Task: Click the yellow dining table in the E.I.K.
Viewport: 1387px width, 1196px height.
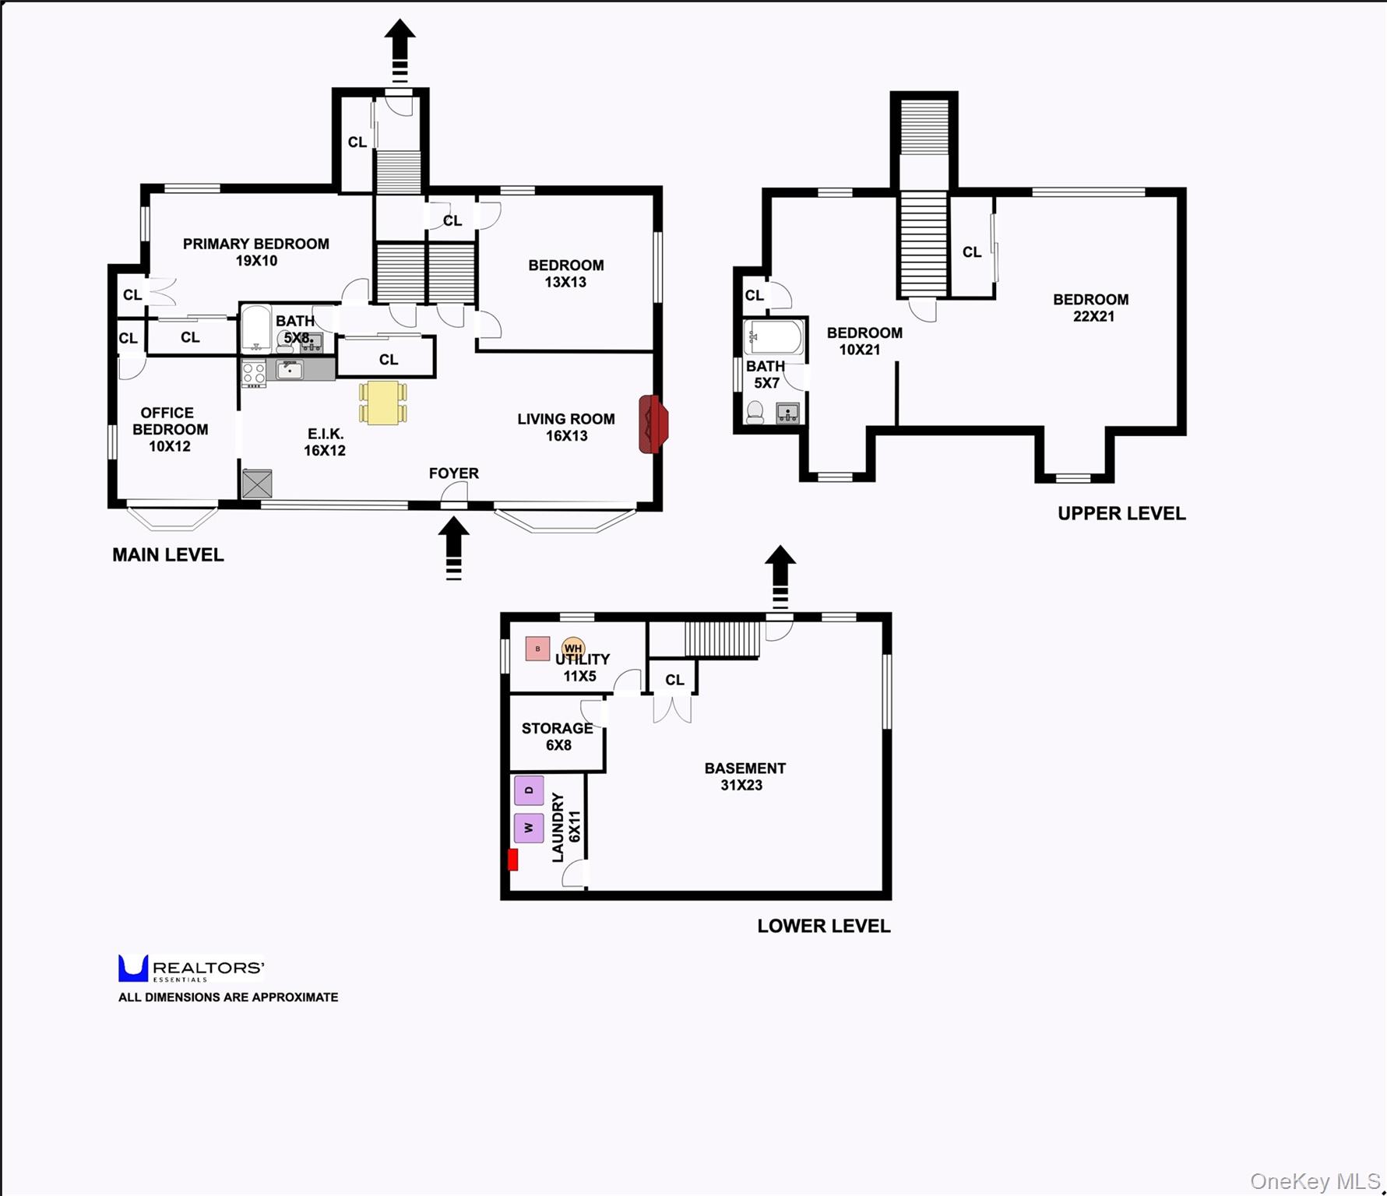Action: tap(382, 403)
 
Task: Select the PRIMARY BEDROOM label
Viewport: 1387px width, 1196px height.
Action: tap(256, 244)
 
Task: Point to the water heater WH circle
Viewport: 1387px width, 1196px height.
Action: tap(573, 648)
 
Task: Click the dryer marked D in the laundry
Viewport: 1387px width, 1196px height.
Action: tap(529, 790)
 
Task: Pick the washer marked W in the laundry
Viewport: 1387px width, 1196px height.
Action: tap(529, 828)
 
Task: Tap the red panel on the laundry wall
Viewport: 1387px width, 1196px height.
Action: tap(512, 860)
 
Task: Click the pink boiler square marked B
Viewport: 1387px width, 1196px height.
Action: tap(537, 649)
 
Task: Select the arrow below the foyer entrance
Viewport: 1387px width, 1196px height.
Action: tap(454, 549)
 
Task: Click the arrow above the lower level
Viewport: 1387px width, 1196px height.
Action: tap(780, 576)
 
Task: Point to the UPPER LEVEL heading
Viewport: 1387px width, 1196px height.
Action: tap(1121, 513)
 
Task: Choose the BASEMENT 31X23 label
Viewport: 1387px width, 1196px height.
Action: tap(745, 776)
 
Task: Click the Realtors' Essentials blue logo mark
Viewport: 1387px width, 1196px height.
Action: tap(132, 968)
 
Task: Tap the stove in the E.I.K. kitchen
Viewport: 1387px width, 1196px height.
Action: tap(254, 373)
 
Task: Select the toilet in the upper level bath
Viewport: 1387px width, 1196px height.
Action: tap(755, 412)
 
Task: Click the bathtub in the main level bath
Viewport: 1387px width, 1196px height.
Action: tap(255, 329)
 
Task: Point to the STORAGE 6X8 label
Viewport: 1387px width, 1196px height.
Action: tap(558, 737)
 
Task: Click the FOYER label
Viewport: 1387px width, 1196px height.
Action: tap(453, 473)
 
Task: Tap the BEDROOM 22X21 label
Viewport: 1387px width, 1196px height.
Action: tap(1091, 308)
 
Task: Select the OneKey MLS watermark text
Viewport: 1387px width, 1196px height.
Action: tap(1315, 1181)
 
